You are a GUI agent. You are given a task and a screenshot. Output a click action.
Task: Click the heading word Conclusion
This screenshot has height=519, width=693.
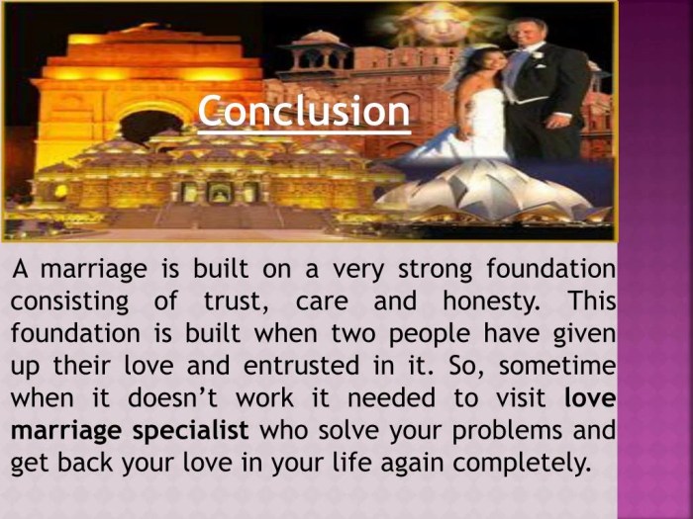tap(303, 111)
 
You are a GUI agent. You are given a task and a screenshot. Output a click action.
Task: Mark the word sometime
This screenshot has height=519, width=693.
tap(556, 365)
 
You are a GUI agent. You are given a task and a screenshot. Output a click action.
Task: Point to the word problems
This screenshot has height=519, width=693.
tap(495, 431)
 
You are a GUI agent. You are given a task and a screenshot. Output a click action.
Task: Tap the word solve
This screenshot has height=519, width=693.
tap(338, 429)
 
